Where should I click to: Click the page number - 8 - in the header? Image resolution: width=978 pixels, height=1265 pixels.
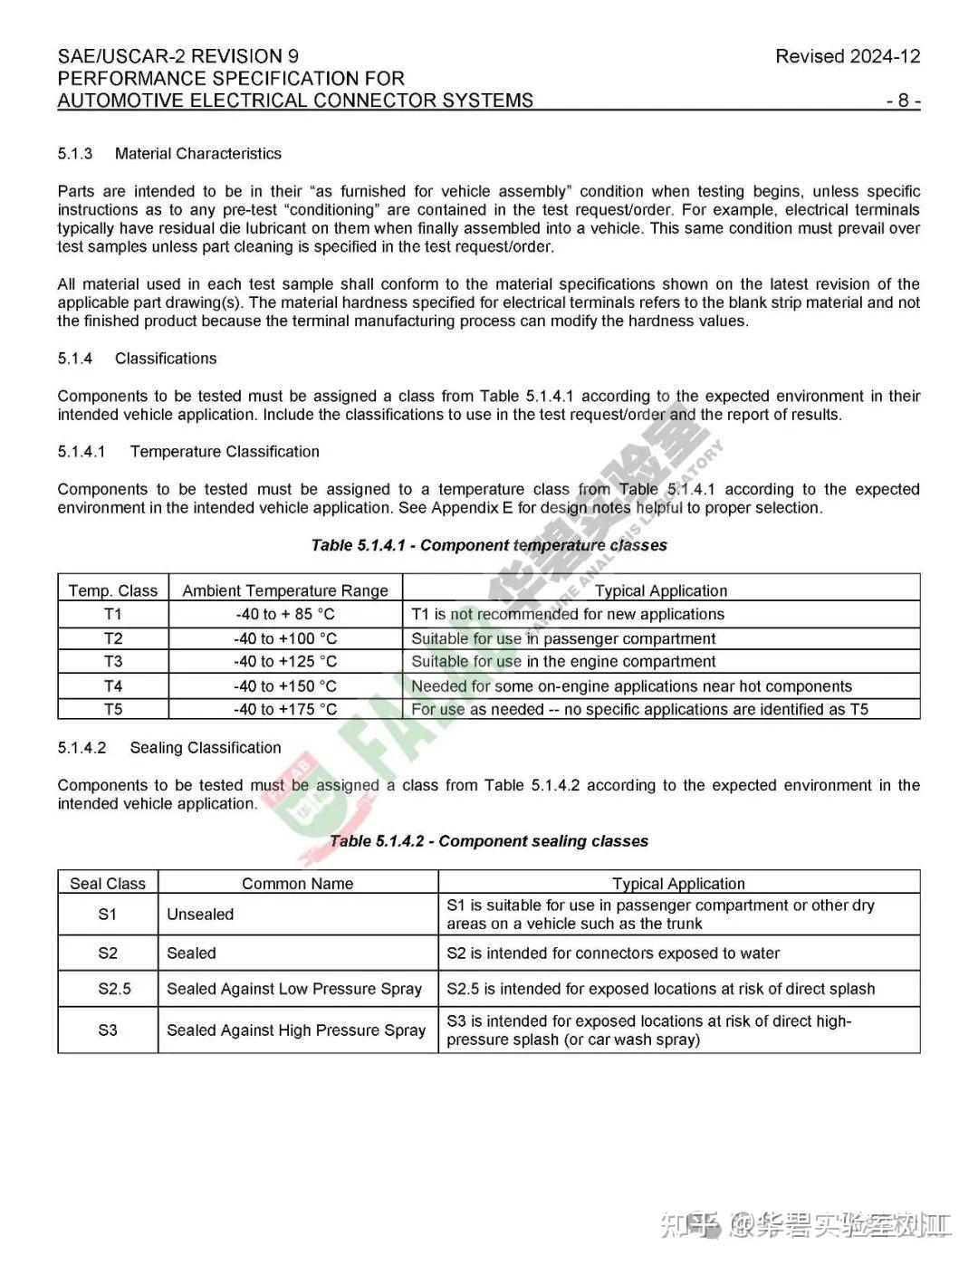903,101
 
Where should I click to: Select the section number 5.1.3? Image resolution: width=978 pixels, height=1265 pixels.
75,154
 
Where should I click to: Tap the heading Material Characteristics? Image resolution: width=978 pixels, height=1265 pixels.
197,154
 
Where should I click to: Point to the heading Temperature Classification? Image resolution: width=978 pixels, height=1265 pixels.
225,452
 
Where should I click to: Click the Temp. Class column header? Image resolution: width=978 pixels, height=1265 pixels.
113,590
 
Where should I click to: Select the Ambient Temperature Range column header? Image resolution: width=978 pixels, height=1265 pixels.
285,590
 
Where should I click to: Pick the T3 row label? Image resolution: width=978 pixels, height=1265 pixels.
113,662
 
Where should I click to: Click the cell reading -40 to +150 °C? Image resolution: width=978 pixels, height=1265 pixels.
285,685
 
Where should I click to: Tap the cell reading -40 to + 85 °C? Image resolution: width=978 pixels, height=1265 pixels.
285,614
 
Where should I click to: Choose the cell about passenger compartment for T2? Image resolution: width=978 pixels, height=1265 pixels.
563,638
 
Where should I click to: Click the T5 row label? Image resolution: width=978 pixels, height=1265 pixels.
113,709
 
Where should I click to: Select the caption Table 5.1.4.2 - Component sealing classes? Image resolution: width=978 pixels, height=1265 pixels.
489,841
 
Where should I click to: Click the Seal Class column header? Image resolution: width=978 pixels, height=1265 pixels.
108,884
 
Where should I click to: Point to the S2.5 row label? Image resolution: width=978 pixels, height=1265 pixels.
114,989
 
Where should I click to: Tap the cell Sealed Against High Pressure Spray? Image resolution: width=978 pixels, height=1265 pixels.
296,1030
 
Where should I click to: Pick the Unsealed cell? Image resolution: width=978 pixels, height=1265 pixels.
200,915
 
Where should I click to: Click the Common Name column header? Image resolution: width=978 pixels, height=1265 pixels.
297,884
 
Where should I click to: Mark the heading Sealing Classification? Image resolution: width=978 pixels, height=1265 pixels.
206,748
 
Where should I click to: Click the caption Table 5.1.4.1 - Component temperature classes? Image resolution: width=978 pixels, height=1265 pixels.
489,545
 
